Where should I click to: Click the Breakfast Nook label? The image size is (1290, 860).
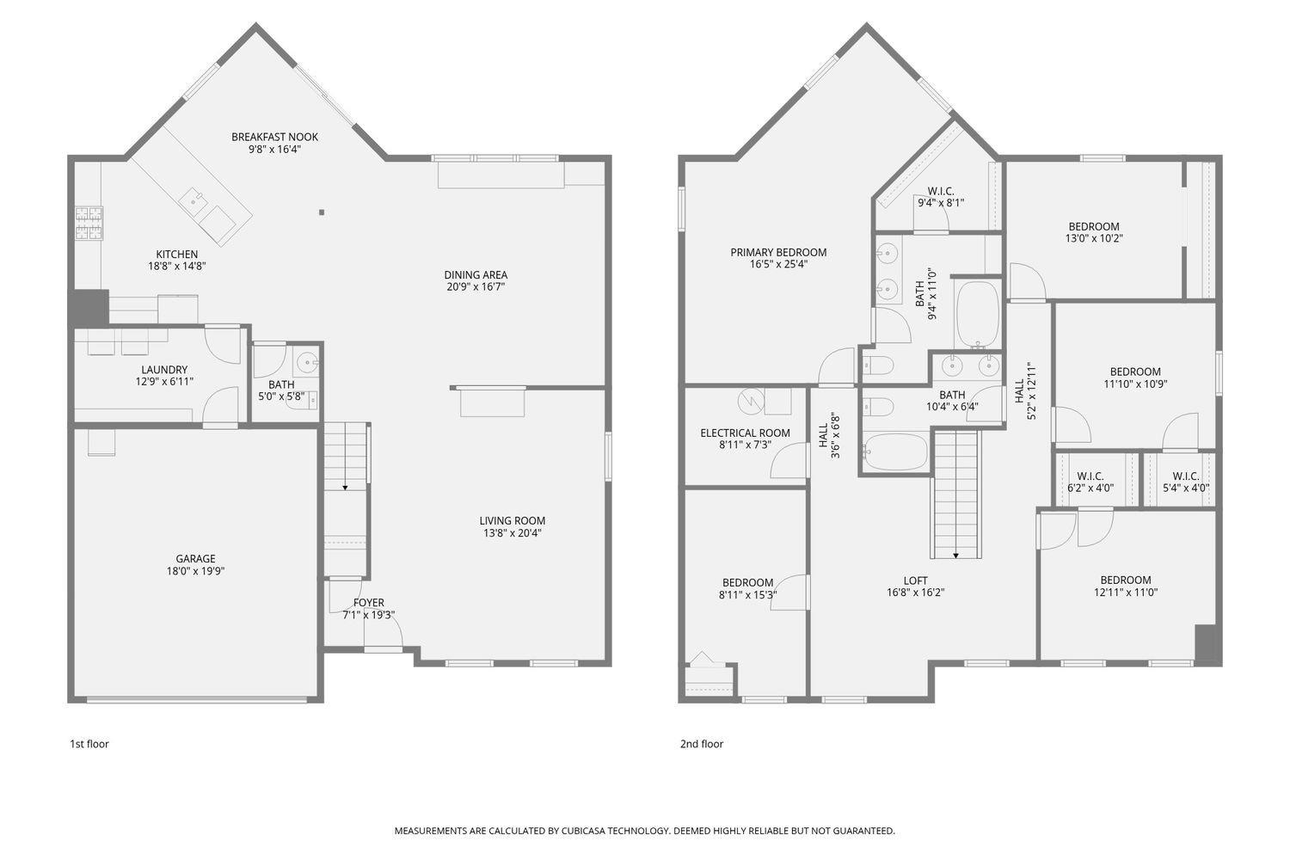274,137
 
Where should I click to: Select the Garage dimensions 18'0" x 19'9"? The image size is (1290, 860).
196,571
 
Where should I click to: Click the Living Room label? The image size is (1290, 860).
512,520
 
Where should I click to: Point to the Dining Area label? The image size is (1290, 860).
476,275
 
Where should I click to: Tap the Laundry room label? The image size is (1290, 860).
164,370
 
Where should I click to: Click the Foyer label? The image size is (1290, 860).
369,603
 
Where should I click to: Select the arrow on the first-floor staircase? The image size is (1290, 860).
345,487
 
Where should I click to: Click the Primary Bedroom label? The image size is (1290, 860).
778,252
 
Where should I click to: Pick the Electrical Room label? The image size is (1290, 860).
745,433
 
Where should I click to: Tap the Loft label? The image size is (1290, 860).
916,580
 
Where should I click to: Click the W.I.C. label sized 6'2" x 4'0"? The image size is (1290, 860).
1090,476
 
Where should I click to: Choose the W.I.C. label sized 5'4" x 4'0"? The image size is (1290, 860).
1186,476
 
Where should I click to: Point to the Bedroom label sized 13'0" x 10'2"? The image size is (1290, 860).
1094,227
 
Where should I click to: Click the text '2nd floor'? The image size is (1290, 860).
701,744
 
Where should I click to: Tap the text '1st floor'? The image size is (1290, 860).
89,744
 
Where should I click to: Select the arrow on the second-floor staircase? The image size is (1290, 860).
955,555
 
